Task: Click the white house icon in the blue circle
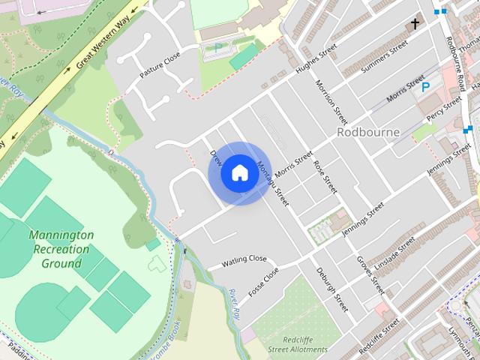click(x=239, y=172)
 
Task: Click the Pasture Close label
click(x=160, y=66)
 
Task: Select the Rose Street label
click(x=325, y=176)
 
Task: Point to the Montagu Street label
click(x=272, y=184)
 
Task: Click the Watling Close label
click(x=244, y=260)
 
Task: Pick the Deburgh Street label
click(x=331, y=289)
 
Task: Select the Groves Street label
click(x=370, y=274)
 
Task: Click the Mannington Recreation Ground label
click(x=61, y=249)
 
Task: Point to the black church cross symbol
click(x=414, y=25)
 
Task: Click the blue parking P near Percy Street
click(x=426, y=88)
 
